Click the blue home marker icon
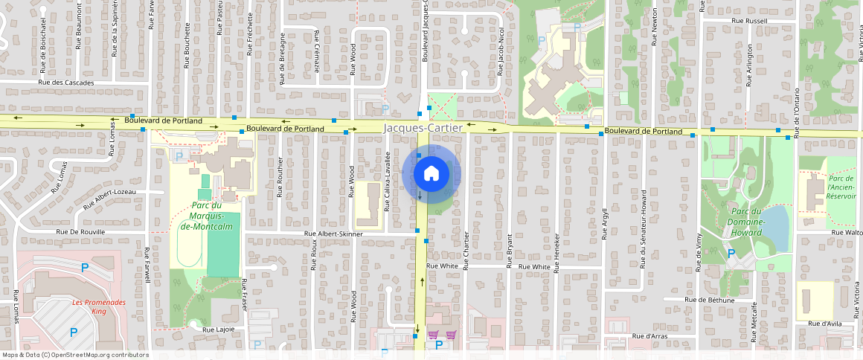[431, 174]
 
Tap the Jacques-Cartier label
[423, 128]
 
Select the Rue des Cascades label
[67, 83]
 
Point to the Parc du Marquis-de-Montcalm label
[197, 215]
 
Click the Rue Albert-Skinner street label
[333, 234]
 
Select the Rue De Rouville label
[81, 232]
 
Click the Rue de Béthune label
[710, 300]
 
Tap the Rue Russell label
[749, 22]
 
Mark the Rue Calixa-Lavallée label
[388, 179]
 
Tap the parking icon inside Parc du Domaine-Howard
[731, 254]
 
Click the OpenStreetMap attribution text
[74, 355]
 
